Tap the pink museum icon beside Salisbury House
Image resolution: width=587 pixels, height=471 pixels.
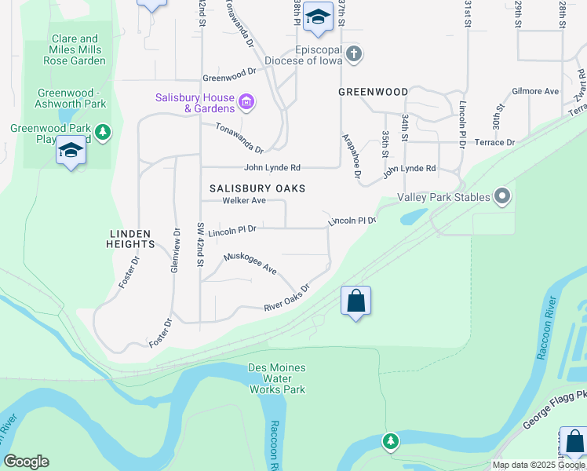246,102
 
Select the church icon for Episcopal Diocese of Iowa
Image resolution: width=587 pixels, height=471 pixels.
354,54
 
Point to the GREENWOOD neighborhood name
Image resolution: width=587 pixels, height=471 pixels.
374,92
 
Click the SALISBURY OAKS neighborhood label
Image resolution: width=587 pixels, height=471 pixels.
257,188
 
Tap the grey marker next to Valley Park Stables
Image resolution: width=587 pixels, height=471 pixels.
503,197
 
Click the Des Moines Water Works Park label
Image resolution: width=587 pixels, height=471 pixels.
277,378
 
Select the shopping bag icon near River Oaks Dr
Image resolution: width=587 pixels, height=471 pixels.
355,301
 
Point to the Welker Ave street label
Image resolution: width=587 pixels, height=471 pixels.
244,201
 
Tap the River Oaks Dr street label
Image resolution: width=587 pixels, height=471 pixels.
287,298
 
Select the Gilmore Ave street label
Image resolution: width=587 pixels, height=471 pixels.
535,92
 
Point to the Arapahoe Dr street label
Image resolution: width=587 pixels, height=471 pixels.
351,156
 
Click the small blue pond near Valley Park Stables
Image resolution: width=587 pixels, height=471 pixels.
413,215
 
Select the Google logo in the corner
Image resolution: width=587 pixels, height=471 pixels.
26,462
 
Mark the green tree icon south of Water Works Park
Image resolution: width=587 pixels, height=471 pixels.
391,441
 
